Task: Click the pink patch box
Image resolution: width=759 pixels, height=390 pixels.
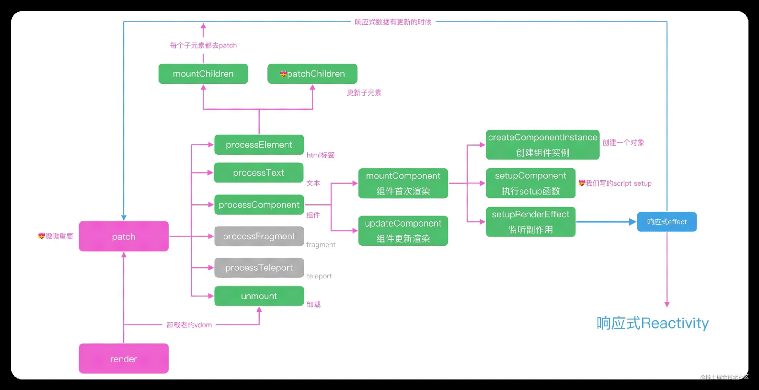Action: [124, 236]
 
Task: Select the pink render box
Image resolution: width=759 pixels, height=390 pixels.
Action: [124, 358]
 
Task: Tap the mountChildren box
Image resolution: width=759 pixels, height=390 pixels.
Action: [203, 74]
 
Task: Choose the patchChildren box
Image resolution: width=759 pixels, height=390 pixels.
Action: [312, 74]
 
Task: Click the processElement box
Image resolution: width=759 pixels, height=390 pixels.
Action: [259, 145]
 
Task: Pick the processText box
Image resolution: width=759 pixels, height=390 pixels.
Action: [258, 172]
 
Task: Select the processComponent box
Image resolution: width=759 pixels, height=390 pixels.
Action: [259, 205]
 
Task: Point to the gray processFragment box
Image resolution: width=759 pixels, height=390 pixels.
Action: [259, 236]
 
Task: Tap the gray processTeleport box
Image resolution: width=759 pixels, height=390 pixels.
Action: [259, 268]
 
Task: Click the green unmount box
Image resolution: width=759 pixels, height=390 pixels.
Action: [259, 296]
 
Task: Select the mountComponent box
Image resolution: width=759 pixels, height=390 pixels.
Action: [403, 183]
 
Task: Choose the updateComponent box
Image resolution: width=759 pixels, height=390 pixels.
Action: [403, 230]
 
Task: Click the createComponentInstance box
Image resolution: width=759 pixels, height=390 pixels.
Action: [542, 145]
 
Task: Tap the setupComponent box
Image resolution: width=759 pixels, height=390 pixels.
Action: [530, 183]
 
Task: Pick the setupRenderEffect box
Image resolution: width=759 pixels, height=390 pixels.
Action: [530, 222]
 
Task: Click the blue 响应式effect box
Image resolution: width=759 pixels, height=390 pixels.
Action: [667, 222]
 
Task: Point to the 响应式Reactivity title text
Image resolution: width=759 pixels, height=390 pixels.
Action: [653, 323]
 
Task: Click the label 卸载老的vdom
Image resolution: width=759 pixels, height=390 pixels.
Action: [189, 325]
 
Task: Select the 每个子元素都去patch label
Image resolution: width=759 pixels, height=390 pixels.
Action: [203, 46]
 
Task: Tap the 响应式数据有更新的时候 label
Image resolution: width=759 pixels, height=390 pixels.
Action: [393, 22]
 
